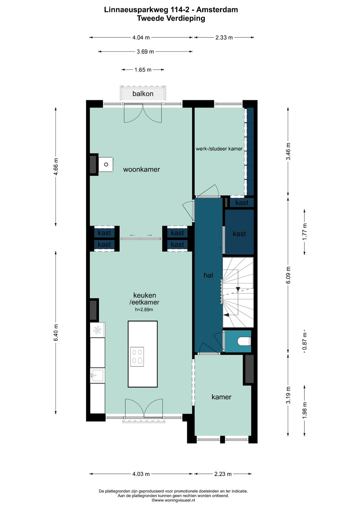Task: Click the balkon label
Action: [143, 94]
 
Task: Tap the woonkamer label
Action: [141, 169]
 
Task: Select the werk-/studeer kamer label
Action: [219, 149]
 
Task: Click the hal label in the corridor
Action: [208, 275]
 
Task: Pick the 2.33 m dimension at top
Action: [224, 37]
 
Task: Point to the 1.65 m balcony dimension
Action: [143, 70]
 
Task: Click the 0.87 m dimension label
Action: [305, 341]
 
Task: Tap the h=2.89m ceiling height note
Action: [144, 309]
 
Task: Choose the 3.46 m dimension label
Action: [288, 151]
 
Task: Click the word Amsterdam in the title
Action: [217, 10]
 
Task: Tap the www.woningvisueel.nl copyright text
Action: [173, 500]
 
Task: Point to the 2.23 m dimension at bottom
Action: [223, 474]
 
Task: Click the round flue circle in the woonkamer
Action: [106, 164]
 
